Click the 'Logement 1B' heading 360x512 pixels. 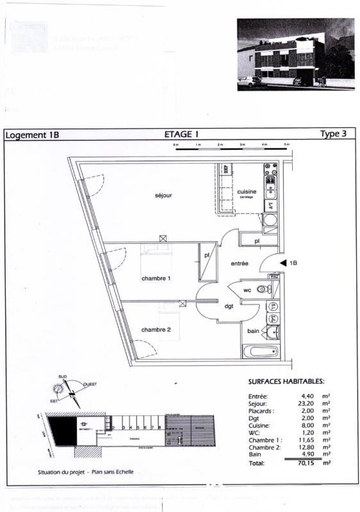[32, 135]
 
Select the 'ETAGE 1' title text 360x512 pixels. [182, 134]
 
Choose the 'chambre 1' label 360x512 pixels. [156, 278]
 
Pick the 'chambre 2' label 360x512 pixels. [156, 329]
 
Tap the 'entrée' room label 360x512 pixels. [240, 263]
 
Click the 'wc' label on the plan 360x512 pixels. [247, 290]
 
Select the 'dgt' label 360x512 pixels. [229, 307]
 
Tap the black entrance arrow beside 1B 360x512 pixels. [283, 262]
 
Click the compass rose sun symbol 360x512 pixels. [61, 388]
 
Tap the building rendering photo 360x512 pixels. [295, 54]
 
